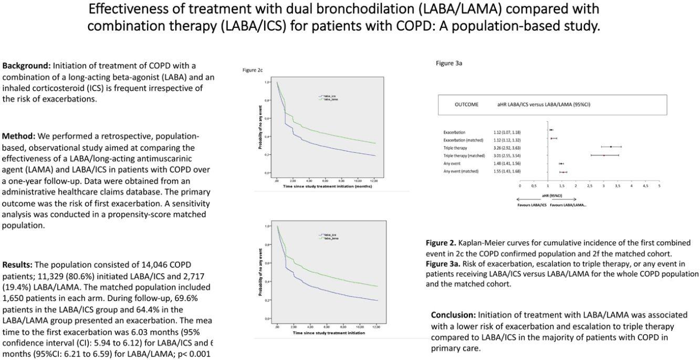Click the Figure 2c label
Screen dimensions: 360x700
(x=253, y=70)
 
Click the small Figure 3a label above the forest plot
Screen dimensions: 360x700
(x=449, y=63)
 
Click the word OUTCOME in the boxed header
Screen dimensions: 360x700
(x=466, y=104)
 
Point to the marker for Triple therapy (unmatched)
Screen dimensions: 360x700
(x=611, y=147)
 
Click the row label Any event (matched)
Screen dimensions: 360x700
(x=461, y=172)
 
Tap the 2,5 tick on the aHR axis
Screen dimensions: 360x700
(x=589, y=186)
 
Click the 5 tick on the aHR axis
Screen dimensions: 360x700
(x=659, y=186)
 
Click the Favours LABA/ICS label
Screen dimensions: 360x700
(x=531, y=205)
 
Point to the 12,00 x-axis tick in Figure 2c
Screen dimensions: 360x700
(x=373, y=181)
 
